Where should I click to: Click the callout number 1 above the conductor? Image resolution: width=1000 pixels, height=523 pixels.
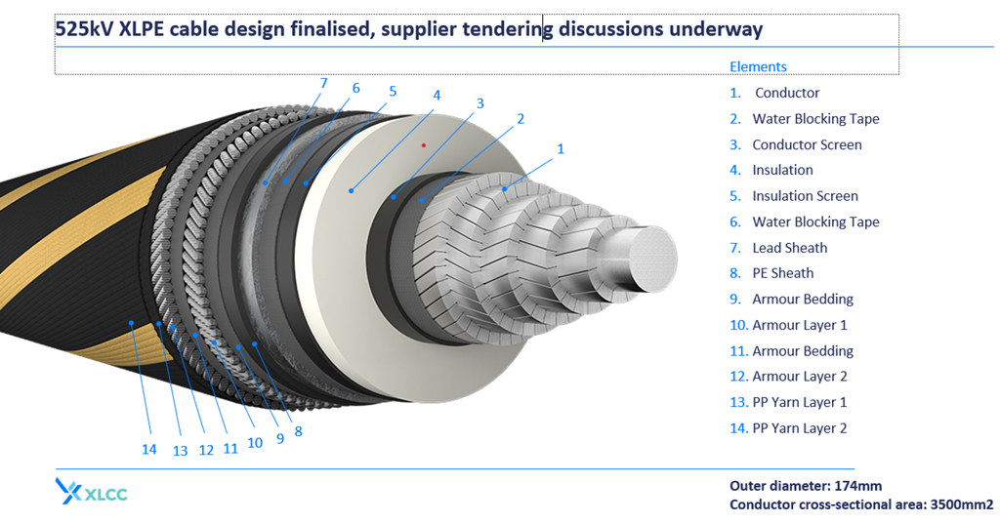tap(561, 149)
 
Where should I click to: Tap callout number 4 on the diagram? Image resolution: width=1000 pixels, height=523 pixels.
tap(437, 96)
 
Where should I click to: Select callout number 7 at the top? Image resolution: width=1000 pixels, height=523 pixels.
tap(323, 83)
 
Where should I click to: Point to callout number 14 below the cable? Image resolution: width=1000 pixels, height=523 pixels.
tap(148, 449)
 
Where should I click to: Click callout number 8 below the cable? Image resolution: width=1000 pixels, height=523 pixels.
tap(298, 431)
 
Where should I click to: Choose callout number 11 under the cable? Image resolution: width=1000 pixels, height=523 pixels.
tap(230, 449)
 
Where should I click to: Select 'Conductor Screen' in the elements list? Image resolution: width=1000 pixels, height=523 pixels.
tap(807, 144)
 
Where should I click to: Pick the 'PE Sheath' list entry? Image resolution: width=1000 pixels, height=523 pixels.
tap(782, 273)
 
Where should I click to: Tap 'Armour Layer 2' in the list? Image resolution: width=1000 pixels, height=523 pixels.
tap(800, 377)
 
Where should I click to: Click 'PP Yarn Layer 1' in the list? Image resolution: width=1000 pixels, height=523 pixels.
tap(800, 402)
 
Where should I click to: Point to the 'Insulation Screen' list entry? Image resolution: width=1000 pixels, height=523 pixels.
tap(805, 196)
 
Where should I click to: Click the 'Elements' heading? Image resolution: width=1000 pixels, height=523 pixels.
tap(758, 66)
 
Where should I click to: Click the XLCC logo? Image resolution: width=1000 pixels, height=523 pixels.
tap(92, 492)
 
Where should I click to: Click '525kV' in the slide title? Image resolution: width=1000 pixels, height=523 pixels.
tap(84, 29)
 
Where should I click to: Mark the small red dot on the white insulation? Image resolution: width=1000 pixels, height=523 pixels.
tap(423, 145)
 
